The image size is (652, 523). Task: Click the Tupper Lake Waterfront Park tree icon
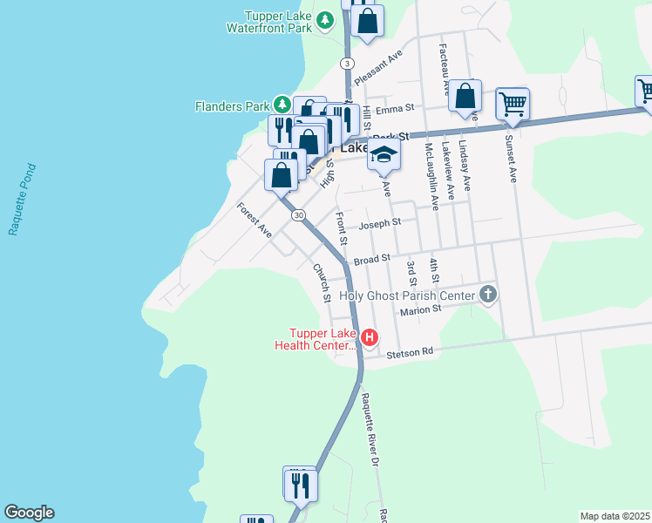pos(325,20)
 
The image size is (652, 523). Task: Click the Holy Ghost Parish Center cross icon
pos(488,295)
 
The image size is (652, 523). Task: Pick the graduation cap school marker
pos(383,155)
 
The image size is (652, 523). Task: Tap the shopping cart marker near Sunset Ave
pos(513,104)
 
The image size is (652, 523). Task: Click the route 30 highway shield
pos(299,215)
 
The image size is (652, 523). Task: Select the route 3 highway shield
pos(348,64)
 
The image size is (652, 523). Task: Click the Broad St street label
pos(370,259)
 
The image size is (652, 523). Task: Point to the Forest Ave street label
pos(255,220)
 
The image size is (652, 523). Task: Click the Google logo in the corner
pos(29,513)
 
